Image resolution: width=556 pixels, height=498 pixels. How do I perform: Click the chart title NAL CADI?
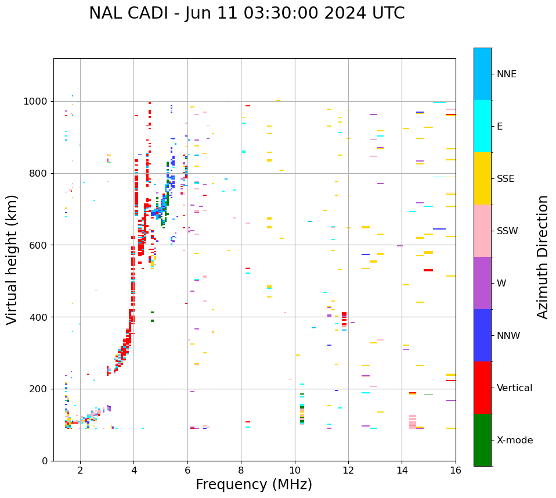[247, 13]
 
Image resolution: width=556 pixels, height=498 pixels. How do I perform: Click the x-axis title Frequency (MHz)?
[254, 485]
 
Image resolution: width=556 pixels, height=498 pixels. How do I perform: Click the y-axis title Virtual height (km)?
[12, 260]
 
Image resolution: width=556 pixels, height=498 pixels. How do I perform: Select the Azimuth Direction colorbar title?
[543, 257]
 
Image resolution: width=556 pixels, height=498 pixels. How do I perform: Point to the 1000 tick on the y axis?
[38, 102]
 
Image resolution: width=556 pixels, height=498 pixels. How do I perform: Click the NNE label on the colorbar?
[506, 74]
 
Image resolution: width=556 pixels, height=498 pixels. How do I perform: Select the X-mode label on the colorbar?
[514, 440]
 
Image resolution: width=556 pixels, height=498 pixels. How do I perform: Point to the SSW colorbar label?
[507, 231]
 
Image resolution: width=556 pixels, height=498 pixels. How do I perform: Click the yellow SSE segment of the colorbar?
[482, 178]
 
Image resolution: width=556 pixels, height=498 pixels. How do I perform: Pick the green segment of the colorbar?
[482, 440]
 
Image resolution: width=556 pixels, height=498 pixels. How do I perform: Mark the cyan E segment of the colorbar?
[482, 126]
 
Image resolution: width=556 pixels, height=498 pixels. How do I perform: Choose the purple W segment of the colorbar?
[482, 283]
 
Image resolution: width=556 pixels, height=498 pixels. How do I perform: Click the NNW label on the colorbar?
[508, 336]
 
